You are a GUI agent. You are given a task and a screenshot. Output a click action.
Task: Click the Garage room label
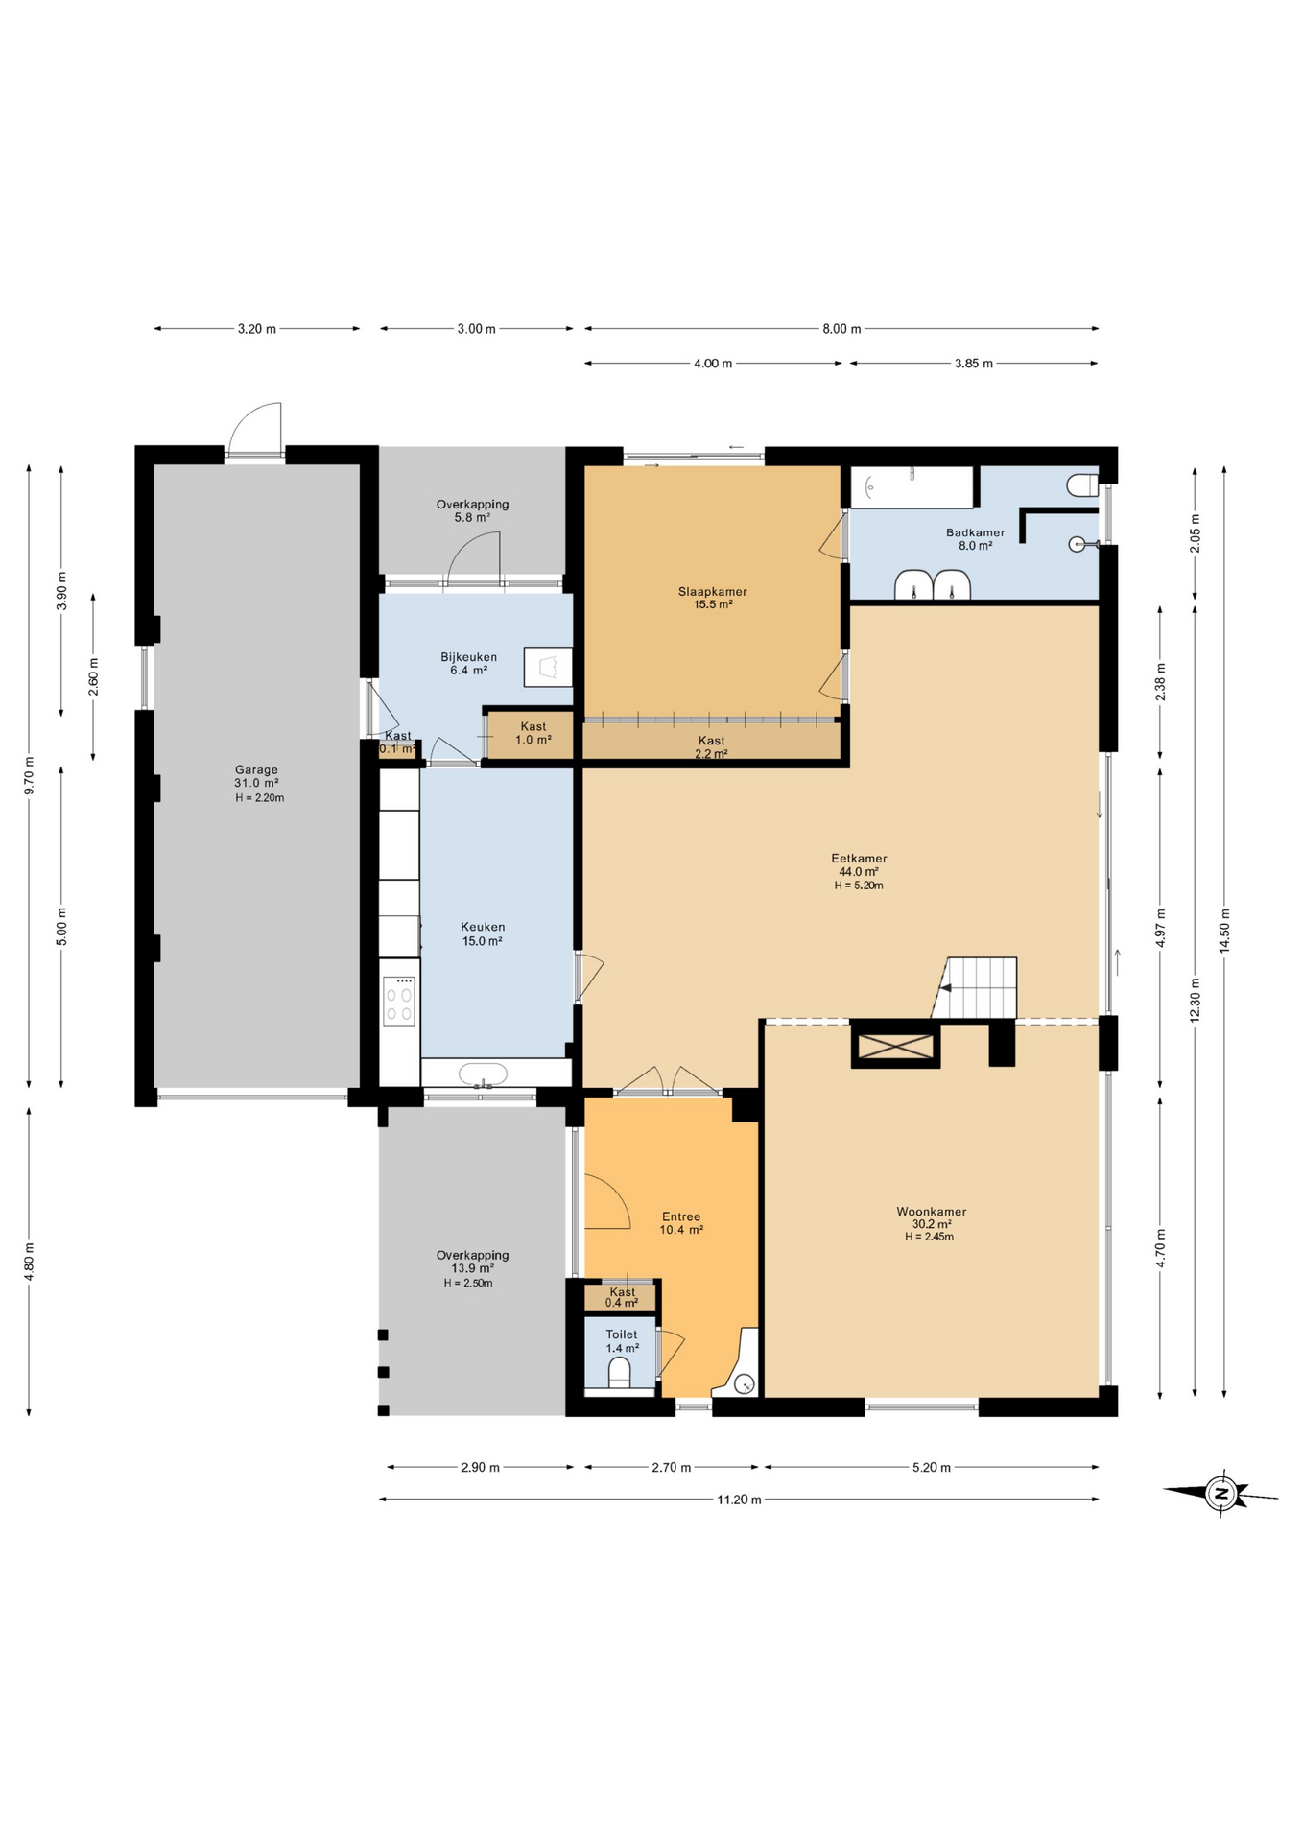click(256, 783)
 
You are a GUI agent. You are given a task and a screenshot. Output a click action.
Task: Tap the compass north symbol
click(1221, 1493)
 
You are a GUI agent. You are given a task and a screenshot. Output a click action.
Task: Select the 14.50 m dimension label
click(1223, 930)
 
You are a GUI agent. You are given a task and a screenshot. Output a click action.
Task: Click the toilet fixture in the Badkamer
click(1082, 484)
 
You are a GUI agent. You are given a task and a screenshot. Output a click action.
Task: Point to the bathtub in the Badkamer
click(911, 487)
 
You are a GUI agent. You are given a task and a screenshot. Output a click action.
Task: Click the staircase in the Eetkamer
click(977, 988)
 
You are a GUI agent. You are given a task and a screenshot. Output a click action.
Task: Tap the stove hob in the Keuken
click(399, 1001)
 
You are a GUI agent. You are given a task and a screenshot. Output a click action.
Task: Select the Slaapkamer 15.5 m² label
click(712, 598)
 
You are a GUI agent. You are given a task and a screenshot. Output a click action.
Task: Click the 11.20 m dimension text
click(739, 1500)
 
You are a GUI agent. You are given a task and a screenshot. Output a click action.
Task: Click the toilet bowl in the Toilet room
click(620, 1373)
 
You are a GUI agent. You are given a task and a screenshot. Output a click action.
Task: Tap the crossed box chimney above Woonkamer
click(895, 1047)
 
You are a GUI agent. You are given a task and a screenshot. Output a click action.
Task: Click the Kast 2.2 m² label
click(711, 746)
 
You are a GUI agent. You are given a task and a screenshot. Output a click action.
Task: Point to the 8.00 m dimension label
click(841, 329)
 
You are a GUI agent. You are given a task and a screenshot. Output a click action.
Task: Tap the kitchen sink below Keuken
click(488, 1075)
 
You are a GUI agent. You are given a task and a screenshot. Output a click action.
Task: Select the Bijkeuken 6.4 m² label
click(468, 663)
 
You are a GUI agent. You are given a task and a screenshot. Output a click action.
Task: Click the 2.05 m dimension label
click(1195, 533)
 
